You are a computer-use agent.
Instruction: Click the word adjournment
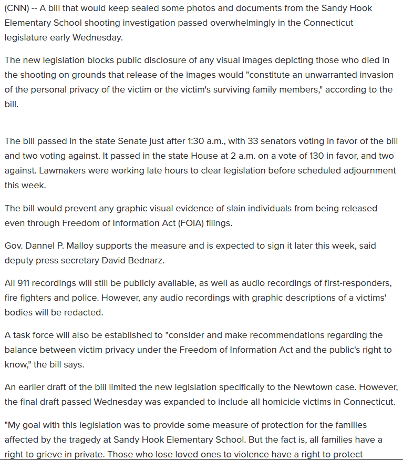coord(366,171)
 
